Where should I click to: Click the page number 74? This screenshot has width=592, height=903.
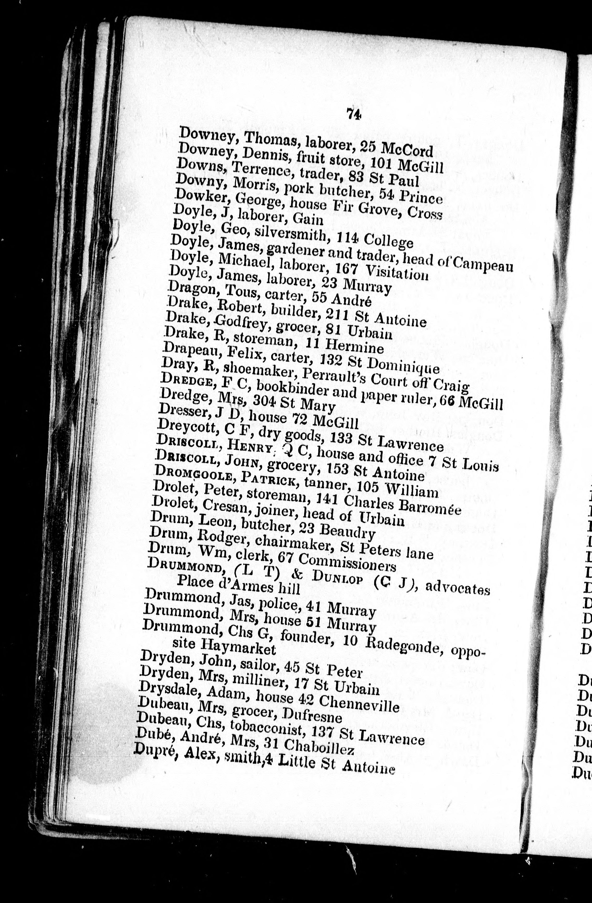point(353,114)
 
